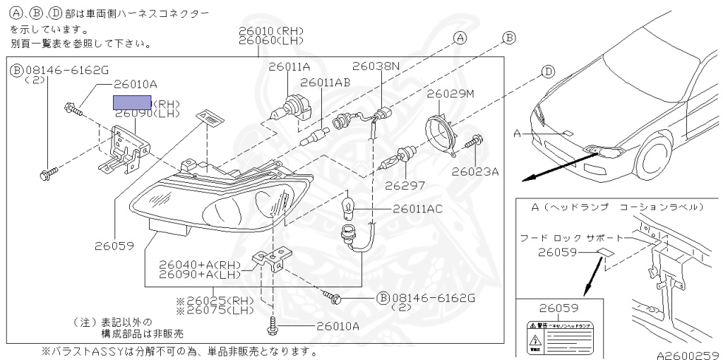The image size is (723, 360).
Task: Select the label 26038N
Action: pos(376,66)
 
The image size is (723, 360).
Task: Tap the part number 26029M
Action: pos(450,92)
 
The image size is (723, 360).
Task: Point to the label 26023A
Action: pos(475,171)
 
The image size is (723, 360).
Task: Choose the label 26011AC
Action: pos(418,209)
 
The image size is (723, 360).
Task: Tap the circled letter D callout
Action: pos(549,71)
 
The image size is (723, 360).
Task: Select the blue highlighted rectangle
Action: pos(133,103)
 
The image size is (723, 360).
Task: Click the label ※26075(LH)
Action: pos(216,309)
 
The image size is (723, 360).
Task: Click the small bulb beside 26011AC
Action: pos(348,208)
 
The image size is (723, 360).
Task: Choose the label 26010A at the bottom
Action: pos(337,325)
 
